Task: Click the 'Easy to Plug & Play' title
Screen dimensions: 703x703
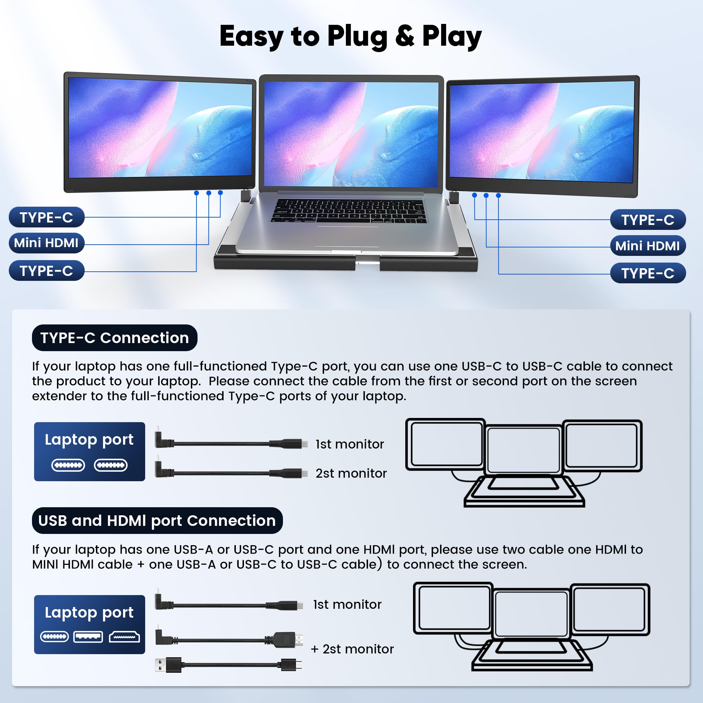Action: pos(350,37)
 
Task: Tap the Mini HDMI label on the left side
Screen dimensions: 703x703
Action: pos(46,243)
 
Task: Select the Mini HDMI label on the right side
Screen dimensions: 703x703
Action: pos(647,246)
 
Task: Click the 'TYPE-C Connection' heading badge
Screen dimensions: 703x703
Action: pos(115,338)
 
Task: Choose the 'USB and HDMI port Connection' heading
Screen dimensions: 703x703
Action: pos(157,521)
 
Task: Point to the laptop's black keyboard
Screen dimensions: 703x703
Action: pos(348,211)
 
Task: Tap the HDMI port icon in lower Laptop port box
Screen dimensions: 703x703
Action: pos(124,637)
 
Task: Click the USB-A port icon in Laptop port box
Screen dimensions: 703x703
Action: pos(88,637)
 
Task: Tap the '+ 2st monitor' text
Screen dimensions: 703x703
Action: pos(352,649)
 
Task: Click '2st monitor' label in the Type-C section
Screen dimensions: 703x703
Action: pos(351,473)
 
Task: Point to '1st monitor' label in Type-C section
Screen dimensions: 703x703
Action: pos(350,444)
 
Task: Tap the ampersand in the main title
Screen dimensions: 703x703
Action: pos(404,37)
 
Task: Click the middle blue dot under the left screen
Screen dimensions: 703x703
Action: pos(208,193)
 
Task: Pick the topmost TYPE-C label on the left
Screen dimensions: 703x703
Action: pos(46,218)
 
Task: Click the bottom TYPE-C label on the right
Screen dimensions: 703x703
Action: pos(648,273)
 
